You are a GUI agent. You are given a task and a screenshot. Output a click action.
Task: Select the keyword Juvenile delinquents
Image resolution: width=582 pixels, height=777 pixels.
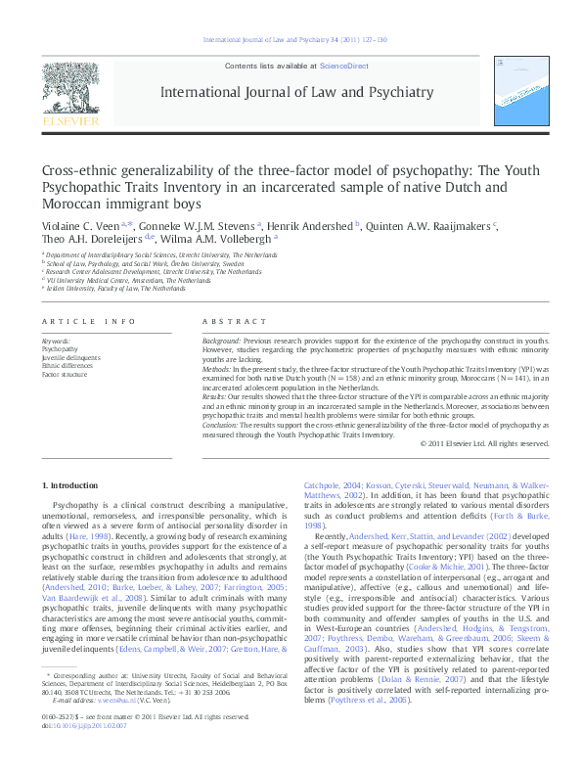click(70, 356)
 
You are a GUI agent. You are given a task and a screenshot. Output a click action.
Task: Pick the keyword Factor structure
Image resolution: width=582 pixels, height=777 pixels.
click(65, 374)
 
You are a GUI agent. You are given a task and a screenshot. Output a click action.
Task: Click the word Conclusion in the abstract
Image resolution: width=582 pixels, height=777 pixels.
click(220, 427)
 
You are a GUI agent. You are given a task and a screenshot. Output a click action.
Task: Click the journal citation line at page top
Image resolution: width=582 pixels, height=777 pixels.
click(294, 39)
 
